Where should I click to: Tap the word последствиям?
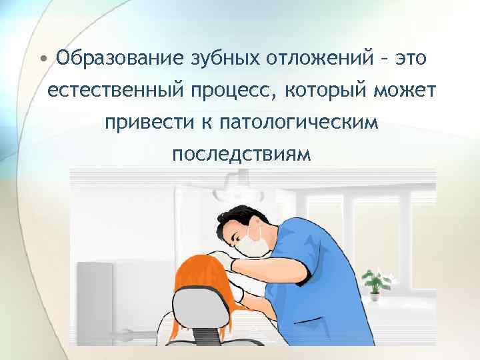(241, 155)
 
